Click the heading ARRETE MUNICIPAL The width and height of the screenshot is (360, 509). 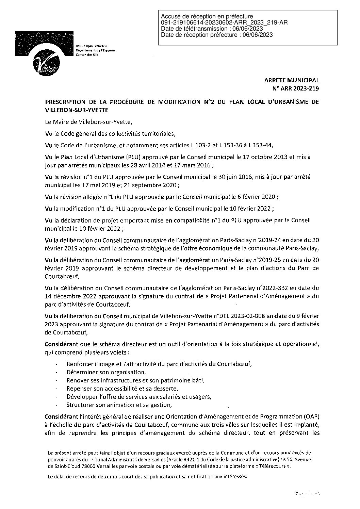[x=292, y=81]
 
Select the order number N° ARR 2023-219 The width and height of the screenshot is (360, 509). [x=294, y=89]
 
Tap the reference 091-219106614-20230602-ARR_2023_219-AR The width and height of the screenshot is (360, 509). [x=225, y=23]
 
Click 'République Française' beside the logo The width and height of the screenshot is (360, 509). [x=91, y=46]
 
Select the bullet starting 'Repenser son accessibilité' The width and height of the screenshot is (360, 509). [x=122, y=388]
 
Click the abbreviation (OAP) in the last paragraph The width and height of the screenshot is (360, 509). [x=311, y=416]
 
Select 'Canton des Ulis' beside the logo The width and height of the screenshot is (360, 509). [x=86, y=55]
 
